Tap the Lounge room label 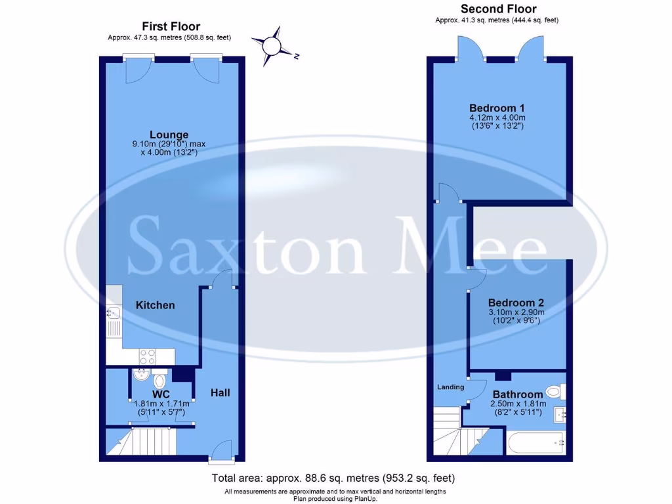169,135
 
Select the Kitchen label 156,305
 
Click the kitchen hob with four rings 148,356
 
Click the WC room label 161,394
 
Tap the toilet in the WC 159,381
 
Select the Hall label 220,392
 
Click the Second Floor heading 498,9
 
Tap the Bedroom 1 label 497,108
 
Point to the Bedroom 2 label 516,303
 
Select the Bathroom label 518,394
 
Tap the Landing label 450,387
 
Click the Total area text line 333,478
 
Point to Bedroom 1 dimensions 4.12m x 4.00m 497,118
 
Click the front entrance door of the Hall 221,453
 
